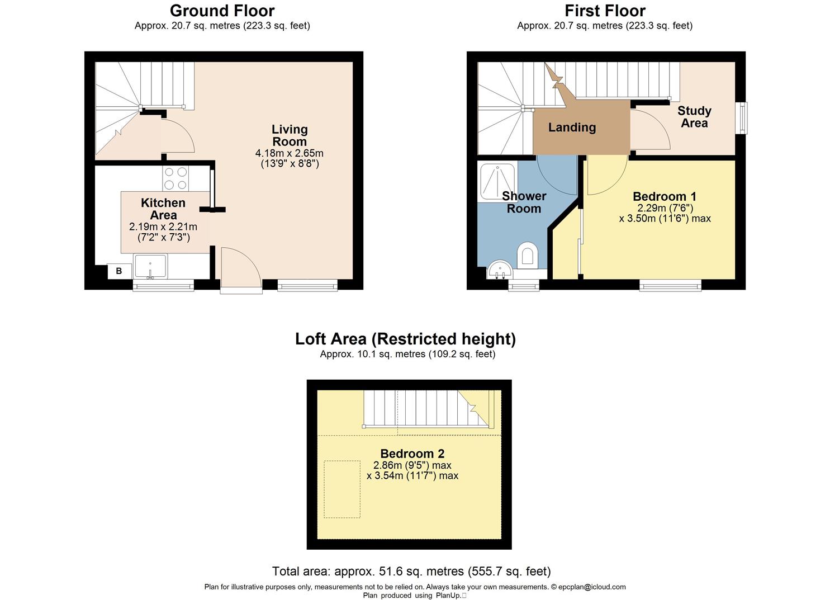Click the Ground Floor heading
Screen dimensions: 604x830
click(222, 11)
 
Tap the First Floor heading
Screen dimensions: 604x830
click(605, 11)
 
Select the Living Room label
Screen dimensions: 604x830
click(290, 135)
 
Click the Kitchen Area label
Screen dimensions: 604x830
click(163, 209)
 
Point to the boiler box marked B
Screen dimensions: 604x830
click(118, 271)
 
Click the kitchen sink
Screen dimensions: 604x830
click(150, 266)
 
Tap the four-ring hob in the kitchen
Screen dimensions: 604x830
click(176, 179)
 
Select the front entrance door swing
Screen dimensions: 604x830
click(239, 270)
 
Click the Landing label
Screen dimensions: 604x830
click(572, 128)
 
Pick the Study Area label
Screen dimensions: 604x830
click(694, 117)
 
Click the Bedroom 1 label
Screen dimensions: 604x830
click(665, 196)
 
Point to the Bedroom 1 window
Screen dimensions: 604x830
click(670, 286)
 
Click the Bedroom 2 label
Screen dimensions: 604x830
click(412, 454)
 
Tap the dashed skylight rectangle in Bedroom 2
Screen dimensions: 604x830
click(342, 489)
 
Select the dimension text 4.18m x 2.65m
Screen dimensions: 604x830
click(290, 153)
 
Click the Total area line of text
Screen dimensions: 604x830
click(411, 571)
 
